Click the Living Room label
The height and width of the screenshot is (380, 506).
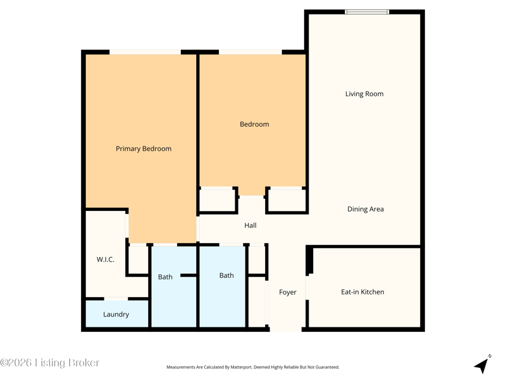pos(364,94)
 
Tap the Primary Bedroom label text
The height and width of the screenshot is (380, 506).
pos(144,149)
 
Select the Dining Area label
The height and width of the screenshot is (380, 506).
pos(366,209)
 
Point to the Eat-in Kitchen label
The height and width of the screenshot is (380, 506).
pos(362,292)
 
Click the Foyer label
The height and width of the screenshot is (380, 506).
pos(288,292)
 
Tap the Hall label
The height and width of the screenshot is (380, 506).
pos(250,225)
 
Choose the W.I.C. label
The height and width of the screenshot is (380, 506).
pos(105,259)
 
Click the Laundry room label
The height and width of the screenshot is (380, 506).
pos(116,314)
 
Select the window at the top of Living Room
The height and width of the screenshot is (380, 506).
pos(367,12)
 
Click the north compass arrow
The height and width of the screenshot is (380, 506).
pos(483,365)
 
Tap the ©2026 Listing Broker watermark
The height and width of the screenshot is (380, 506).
pos(49,362)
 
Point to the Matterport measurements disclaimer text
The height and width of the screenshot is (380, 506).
pos(252,367)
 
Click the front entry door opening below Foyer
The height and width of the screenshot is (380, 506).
pos(286,329)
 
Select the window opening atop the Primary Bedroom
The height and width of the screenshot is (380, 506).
pos(145,52)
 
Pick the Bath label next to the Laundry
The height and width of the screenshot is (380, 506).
pos(165,277)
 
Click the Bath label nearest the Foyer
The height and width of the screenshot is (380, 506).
pos(226,275)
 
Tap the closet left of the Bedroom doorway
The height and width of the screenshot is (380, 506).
pos(217,200)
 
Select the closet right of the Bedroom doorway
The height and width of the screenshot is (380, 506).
pos(287,200)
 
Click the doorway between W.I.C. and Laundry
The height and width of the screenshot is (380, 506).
pos(116,299)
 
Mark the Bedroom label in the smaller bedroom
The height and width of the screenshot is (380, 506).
pos(254,124)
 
